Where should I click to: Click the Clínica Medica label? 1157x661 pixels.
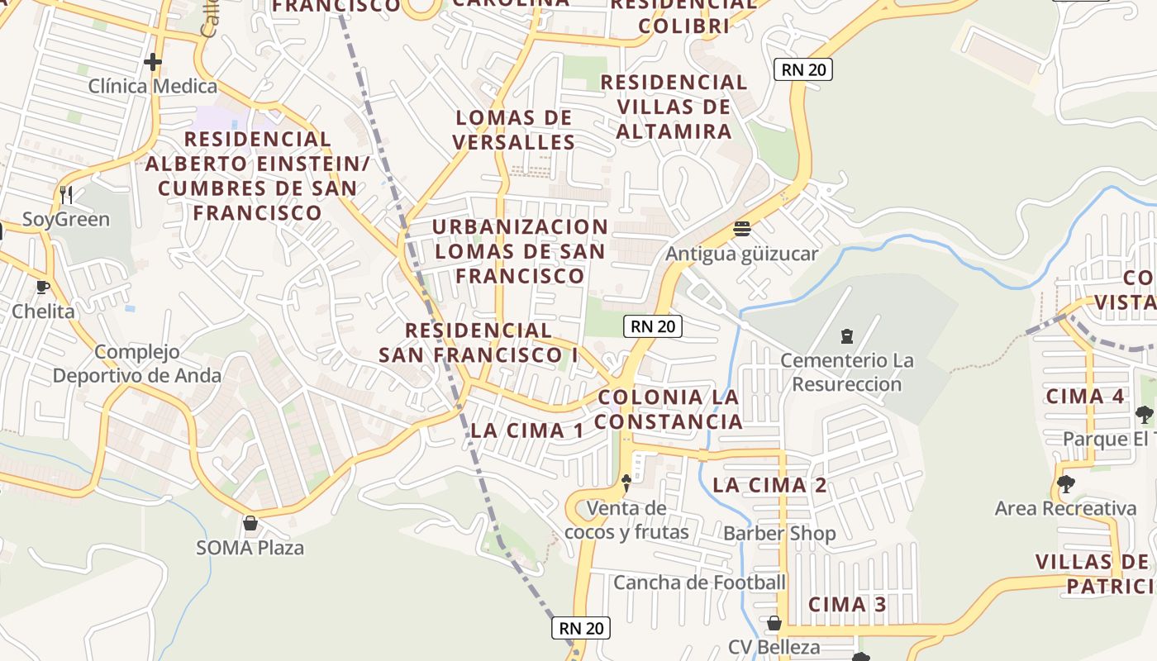click(x=153, y=86)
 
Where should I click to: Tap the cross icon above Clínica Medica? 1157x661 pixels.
click(x=152, y=62)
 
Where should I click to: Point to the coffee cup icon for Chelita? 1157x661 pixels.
click(x=43, y=288)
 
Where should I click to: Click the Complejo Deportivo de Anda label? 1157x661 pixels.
click(x=137, y=364)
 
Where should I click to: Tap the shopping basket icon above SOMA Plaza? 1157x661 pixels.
click(x=250, y=523)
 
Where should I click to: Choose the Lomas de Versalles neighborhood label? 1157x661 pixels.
click(x=514, y=130)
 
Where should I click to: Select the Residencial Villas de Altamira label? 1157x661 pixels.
click(x=674, y=107)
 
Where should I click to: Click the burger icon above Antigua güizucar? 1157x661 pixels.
click(x=741, y=229)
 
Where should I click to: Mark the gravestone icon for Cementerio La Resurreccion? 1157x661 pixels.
click(x=846, y=336)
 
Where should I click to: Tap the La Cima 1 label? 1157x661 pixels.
click(x=527, y=430)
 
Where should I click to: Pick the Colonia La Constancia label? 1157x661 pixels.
click(x=669, y=409)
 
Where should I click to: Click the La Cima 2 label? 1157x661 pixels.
click(x=769, y=485)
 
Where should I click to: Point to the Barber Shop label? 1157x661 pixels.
click(x=779, y=534)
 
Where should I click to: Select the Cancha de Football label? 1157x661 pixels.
click(x=699, y=583)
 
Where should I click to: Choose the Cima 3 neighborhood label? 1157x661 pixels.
click(x=847, y=604)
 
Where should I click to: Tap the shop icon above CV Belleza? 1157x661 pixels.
click(x=774, y=622)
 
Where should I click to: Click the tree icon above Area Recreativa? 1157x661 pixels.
click(x=1065, y=484)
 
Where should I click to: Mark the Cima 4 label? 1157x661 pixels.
click(x=1085, y=396)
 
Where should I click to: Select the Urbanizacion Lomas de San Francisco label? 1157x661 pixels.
click(x=520, y=251)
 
